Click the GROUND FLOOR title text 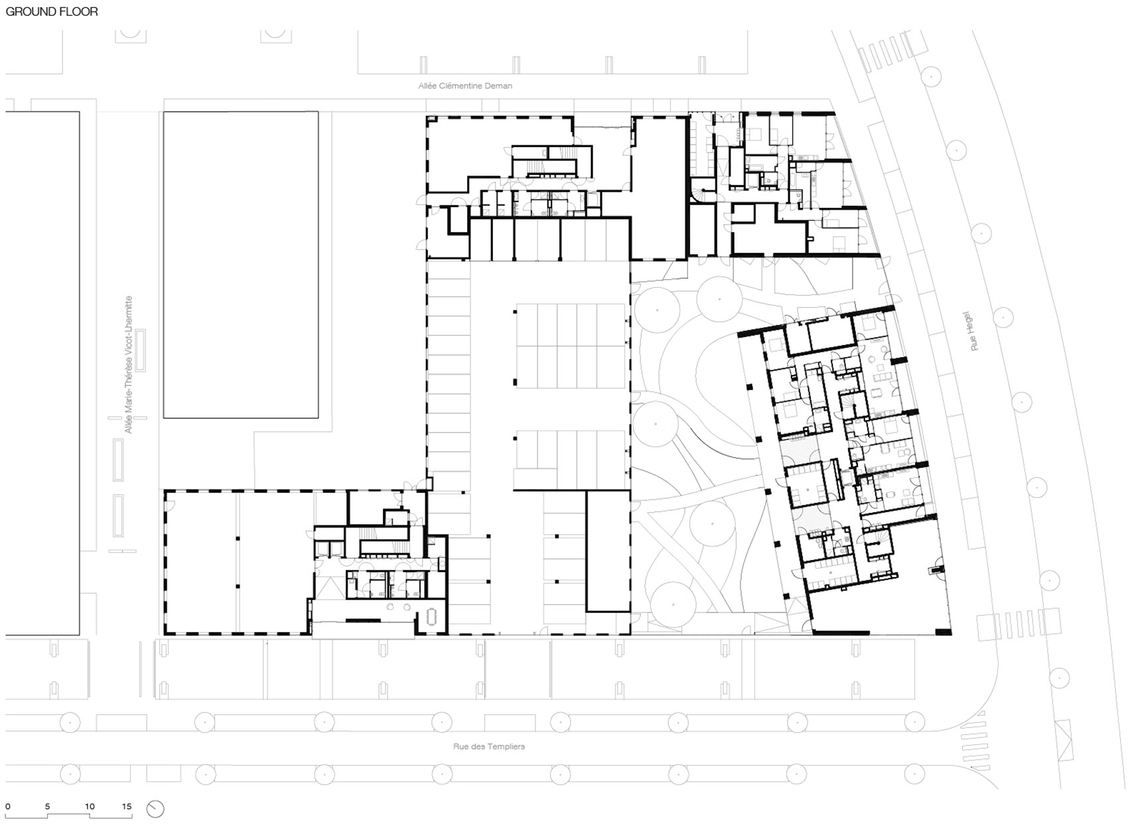click(x=52, y=11)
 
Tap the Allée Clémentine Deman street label click(x=464, y=86)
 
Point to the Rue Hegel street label click(x=973, y=331)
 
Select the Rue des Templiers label click(x=489, y=746)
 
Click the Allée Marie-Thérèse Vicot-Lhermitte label click(x=129, y=364)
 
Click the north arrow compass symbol click(x=155, y=809)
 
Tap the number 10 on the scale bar click(x=90, y=807)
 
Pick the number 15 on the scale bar click(x=127, y=807)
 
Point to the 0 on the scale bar click(x=8, y=807)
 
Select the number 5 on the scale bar click(x=47, y=807)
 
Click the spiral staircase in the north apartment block click(x=702, y=194)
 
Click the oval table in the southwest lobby click(x=431, y=617)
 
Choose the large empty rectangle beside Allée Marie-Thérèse click(x=240, y=264)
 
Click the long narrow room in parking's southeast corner click(x=607, y=551)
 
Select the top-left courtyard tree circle click(x=657, y=310)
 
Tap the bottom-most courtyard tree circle click(x=673, y=604)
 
